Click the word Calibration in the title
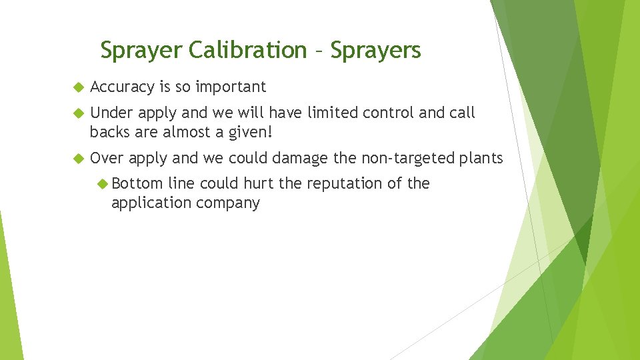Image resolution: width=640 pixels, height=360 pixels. pyautogui.click(x=247, y=50)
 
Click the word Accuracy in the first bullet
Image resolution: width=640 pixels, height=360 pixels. pyautogui.click(x=123, y=87)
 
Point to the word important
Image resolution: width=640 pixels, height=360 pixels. pyautogui.click(x=231, y=87)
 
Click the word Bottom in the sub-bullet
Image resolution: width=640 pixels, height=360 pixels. pyautogui.click(x=137, y=183)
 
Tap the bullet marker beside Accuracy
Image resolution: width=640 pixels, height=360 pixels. pyautogui.click(x=77, y=87)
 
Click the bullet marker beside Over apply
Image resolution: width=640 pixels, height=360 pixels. pyautogui.click(x=77, y=158)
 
